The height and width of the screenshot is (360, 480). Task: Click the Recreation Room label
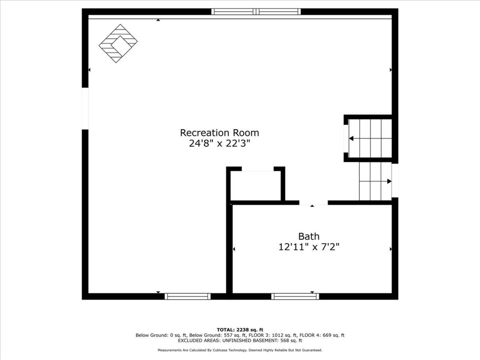click(x=219, y=133)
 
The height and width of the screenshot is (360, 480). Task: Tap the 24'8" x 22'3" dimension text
click(x=219, y=144)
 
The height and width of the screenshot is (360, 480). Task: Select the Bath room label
click(x=309, y=237)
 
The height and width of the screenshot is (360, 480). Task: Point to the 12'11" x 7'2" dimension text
click(x=309, y=247)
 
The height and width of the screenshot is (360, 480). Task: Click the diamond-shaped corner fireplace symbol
click(x=118, y=43)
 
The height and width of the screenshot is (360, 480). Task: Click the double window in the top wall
click(x=256, y=12)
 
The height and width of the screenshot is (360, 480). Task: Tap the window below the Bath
click(x=295, y=296)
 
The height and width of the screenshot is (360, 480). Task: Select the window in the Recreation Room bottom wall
click(x=187, y=296)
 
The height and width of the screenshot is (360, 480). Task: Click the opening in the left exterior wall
click(x=85, y=108)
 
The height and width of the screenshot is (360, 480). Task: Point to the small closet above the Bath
click(x=256, y=185)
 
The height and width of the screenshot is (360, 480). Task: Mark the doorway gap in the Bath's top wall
click(x=313, y=203)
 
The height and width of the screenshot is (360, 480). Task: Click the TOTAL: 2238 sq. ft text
click(x=240, y=330)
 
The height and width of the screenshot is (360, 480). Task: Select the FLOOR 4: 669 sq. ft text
click(x=322, y=335)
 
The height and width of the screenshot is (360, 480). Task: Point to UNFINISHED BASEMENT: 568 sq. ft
click(x=262, y=341)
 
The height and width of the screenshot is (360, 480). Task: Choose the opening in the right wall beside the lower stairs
click(x=395, y=181)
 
